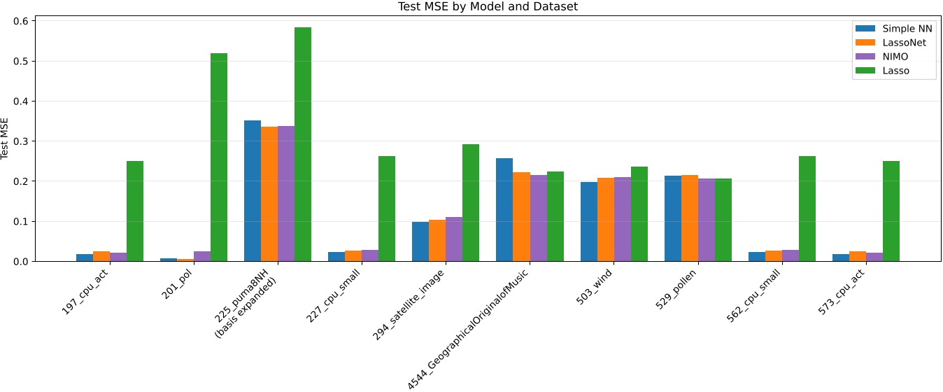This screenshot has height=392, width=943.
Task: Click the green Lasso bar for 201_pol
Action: [x=219, y=157]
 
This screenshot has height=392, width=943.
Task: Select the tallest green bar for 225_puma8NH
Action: [x=303, y=144]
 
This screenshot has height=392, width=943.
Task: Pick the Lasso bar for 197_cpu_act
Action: [x=135, y=211]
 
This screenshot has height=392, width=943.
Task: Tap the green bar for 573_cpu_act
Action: [x=891, y=211]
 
